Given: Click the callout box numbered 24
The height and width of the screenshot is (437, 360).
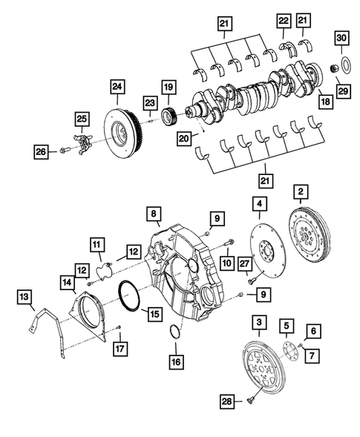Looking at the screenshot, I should point(117,87).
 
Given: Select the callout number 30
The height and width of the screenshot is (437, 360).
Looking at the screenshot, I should point(341,39).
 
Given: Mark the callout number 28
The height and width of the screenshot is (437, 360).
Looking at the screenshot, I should point(226,401).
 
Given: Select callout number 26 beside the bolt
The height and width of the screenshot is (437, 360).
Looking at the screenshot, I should point(42,152).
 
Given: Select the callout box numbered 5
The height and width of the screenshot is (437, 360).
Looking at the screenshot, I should point(285,324).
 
